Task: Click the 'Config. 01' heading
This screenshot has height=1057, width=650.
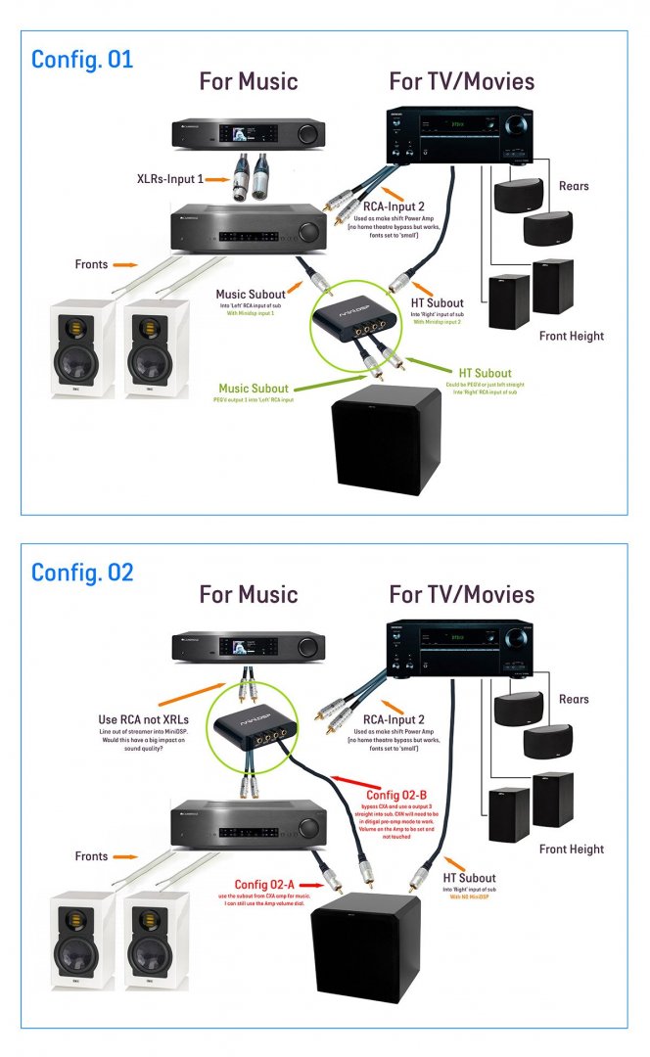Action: point(81,59)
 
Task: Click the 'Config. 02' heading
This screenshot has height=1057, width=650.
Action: point(81,572)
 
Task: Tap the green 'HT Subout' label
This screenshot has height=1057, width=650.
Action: point(486,373)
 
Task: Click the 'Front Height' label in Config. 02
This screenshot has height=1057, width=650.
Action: point(572,850)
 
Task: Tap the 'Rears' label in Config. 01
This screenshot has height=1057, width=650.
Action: point(574,185)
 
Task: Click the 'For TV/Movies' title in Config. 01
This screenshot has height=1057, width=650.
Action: point(461,81)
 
